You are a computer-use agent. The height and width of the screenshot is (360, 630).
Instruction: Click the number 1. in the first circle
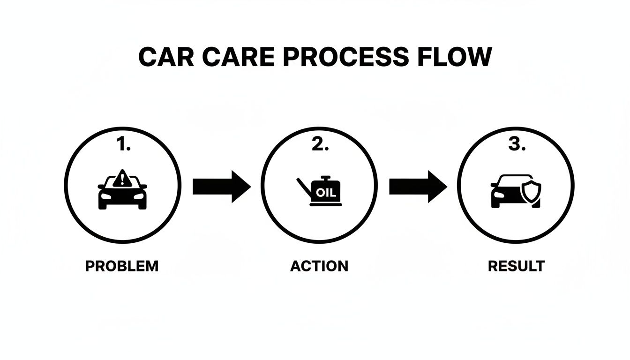click(122, 145)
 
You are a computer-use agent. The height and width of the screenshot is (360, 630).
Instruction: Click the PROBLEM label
click(122, 266)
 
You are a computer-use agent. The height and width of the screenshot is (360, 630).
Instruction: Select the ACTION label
click(319, 266)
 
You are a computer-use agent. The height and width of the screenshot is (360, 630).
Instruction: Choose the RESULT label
click(516, 266)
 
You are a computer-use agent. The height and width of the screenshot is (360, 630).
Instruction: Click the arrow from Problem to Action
click(221, 187)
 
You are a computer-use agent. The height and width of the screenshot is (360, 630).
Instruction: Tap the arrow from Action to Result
click(418, 187)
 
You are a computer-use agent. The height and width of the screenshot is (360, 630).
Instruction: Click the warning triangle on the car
click(122, 178)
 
